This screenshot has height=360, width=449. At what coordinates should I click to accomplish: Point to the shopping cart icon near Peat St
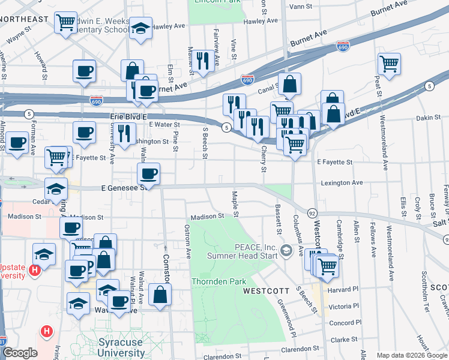click(390, 64)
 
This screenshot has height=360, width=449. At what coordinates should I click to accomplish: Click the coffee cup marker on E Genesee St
click(148, 174)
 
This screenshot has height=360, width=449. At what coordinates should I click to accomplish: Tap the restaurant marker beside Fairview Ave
click(203, 61)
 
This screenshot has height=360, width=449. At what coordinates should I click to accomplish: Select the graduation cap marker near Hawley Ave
click(141, 29)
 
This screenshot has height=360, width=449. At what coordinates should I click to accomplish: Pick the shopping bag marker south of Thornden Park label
click(160, 295)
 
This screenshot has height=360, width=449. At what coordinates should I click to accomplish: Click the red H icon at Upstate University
click(35, 271)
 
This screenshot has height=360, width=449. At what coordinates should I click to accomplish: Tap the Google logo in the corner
click(19, 353)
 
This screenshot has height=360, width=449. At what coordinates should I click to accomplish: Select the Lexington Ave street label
click(342, 182)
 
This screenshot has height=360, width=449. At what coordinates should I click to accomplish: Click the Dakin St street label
click(428, 118)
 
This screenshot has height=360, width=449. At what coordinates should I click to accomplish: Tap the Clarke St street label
click(345, 340)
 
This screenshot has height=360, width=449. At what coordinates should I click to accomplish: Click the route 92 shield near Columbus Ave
click(312, 213)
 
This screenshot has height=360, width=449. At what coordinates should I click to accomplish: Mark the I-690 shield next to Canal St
click(247, 79)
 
